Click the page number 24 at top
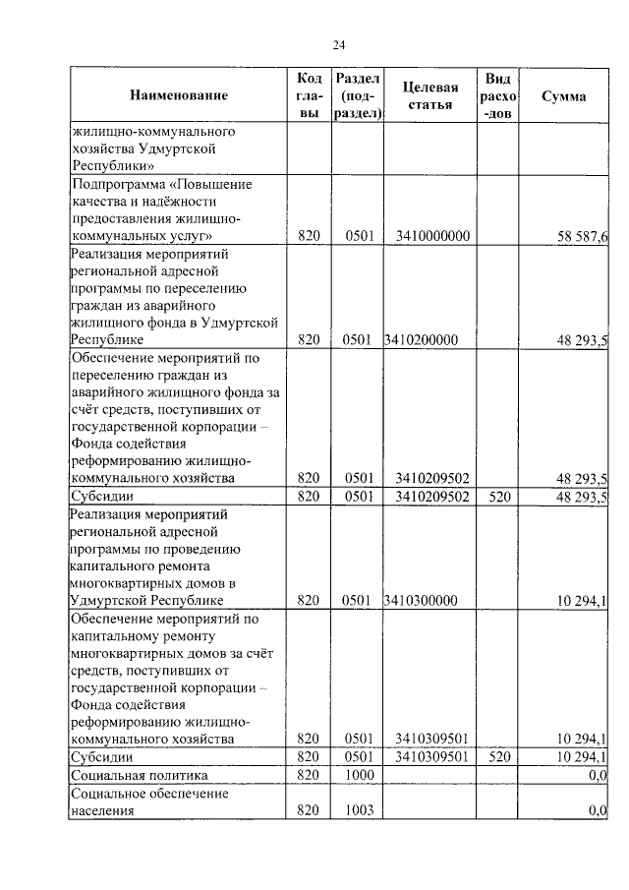(x=339, y=45)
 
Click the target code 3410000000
(x=432, y=237)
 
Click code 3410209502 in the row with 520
(x=432, y=497)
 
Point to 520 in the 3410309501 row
(x=499, y=757)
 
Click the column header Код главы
(x=309, y=96)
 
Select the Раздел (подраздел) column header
(x=356, y=96)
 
